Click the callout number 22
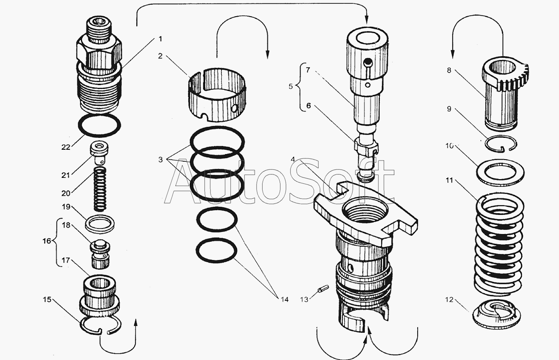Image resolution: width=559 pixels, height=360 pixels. [66, 147]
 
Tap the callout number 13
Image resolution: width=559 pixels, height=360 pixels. [304, 300]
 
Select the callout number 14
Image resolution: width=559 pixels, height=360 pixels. [284, 300]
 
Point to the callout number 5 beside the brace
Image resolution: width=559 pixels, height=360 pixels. [290, 86]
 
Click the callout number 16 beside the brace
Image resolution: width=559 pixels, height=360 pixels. [47, 241]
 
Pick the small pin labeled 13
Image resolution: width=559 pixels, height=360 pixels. [323, 289]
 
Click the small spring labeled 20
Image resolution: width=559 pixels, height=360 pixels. [100, 189]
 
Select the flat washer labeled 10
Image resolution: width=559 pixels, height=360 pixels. [500, 173]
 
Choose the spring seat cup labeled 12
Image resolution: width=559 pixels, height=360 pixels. [496, 314]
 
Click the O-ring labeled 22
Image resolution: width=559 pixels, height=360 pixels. [99, 125]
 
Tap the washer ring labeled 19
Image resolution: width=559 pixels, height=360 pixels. [100, 223]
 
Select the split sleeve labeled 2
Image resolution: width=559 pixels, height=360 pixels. [217, 95]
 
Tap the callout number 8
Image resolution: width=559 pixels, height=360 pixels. [449, 70]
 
